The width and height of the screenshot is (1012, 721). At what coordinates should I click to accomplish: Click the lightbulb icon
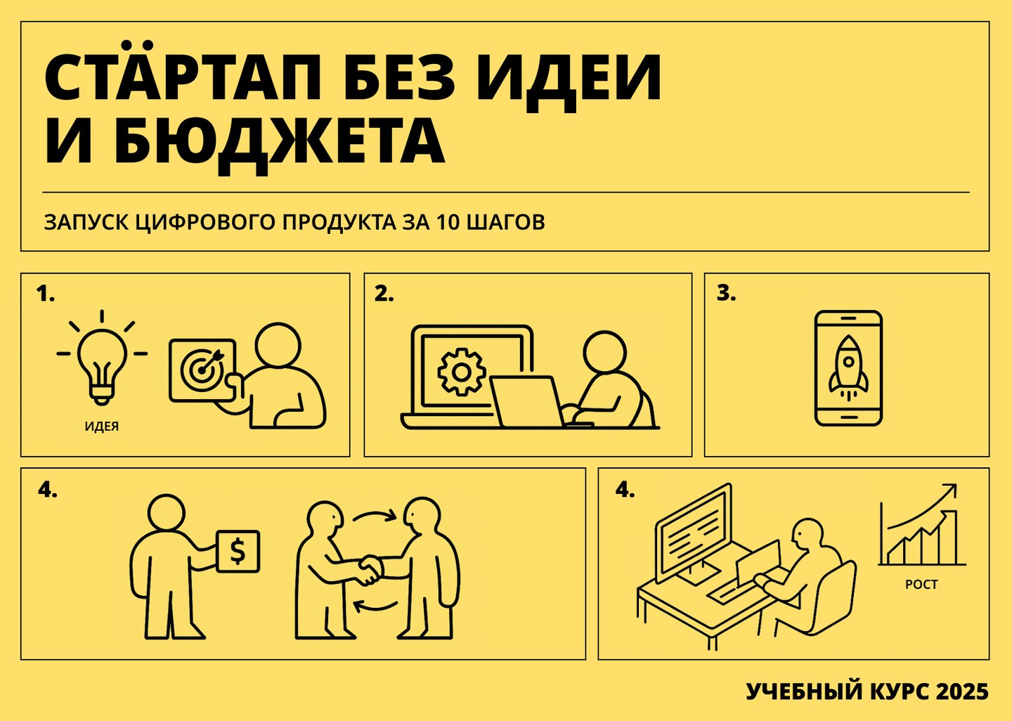[102, 357]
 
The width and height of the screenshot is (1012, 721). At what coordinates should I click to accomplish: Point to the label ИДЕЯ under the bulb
[102, 427]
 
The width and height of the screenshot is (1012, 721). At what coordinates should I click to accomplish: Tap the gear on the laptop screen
[461, 372]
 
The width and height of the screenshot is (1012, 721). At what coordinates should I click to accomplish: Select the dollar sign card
[238, 552]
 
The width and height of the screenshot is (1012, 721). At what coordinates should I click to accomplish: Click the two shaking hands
[369, 570]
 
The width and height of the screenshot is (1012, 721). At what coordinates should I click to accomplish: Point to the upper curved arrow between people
[375, 516]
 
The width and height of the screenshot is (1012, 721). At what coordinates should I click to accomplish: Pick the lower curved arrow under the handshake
[375, 606]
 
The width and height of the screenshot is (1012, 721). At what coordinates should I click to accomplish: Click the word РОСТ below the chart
[921, 585]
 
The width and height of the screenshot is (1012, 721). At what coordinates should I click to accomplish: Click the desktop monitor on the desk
[694, 533]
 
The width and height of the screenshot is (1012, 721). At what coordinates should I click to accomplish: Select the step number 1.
[45, 294]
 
